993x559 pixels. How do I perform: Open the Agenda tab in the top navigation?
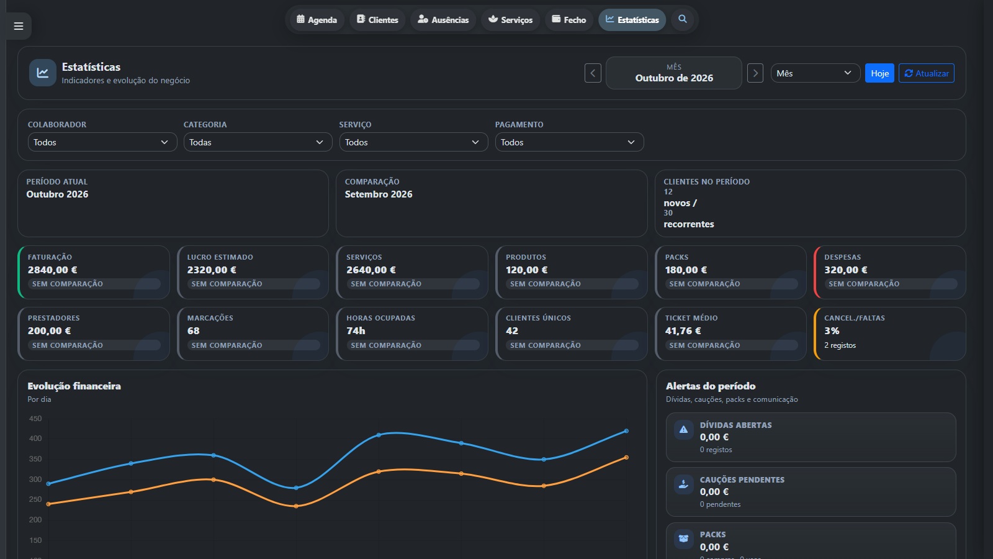(x=317, y=20)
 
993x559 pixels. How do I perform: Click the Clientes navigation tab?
(x=377, y=20)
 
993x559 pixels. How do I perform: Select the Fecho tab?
(x=568, y=20)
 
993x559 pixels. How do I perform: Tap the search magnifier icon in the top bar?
(x=682, y=19)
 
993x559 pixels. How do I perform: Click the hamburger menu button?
(x=19, y=26)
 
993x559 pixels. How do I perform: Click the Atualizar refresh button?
(x=926, y=73)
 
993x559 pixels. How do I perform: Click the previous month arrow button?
(x=593, y=73)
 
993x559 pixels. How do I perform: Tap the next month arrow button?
(x=755, y=73)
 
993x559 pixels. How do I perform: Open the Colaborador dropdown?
(x=102, y=142)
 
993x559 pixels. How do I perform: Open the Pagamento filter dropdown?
(x=569, y=142)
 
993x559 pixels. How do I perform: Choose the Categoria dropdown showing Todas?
(x=258, y=142)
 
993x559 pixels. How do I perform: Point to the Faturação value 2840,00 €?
(x=52, y=270)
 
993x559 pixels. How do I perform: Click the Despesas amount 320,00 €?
(x=846, y=270)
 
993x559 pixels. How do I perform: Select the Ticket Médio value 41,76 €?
(x=683, y=330)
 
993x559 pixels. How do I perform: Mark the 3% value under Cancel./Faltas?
(x=832, y=330)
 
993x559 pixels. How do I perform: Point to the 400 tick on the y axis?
(x=35, y=439)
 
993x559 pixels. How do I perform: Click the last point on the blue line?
(x=626, y=431)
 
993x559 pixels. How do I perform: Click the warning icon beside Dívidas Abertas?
(x=683, y=429)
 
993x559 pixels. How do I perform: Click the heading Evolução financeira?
(x=74, y=386)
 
